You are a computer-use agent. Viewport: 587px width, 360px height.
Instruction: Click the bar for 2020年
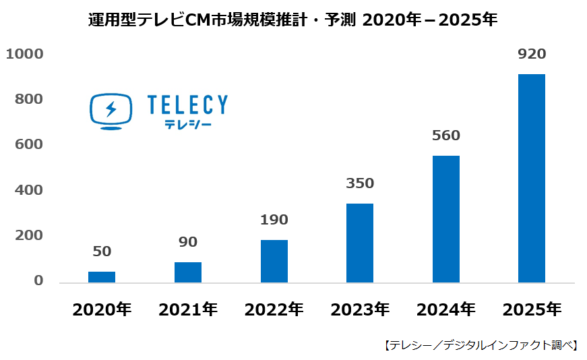click(x=102, y=277)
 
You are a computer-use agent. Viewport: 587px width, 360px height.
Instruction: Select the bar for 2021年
click(x=188, y=272)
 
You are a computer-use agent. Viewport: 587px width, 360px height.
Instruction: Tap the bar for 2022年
click(x=274, y=262)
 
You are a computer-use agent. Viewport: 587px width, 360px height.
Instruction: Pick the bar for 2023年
click(x=360, y=243)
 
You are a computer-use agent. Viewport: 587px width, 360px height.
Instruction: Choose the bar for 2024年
click(x=445, y=219)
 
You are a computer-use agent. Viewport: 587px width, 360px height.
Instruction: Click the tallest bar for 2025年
click(x=532, y=179)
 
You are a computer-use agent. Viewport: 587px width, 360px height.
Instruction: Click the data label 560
click(x=445, y=136)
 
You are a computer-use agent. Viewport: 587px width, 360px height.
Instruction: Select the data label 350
click(x=360, y=183)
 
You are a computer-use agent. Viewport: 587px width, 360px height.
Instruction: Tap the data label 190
click(x=274, y=220)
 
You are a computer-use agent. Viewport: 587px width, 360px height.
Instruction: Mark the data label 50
click(x=102, y=251)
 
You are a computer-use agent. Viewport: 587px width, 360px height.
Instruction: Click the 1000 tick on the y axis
click(x=24, y=54)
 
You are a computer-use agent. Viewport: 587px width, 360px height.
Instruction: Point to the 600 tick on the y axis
click(x=29, y=145)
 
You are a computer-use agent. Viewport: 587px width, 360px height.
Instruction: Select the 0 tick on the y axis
click(x=38, y=281)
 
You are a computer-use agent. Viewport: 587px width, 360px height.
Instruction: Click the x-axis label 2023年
click(x=360, y=310)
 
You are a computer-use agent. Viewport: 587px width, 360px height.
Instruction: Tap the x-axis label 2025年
click(x=532, y=310)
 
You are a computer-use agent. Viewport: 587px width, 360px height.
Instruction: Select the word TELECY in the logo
click(x=187, y=104)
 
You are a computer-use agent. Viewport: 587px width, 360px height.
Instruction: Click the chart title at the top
click(x=293, y=20)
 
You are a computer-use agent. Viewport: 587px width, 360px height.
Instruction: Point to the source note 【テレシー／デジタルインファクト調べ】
click(x=481, y=345)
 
